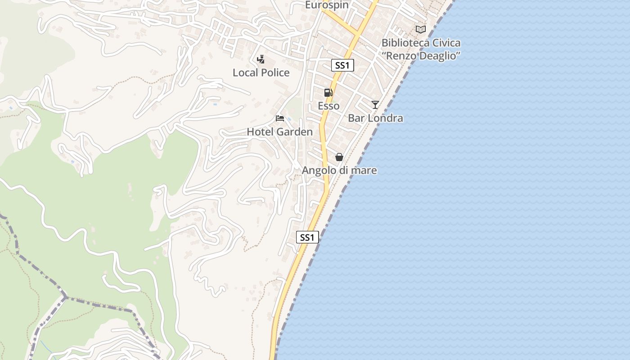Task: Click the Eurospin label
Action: (x=327, y=5)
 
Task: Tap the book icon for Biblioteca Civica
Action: (x=421, y=29)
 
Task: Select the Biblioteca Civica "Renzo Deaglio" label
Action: (x=421, y=49)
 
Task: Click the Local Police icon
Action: (x=261, y=59)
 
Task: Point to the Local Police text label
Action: (x=261, y=72)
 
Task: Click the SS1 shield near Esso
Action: (x=342, y=65)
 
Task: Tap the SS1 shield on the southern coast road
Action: (x=307, y=237)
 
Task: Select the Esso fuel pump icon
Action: (x=328, y=93)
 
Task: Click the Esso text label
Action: (x=328, y=106)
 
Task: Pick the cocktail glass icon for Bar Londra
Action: (x=375, y=105)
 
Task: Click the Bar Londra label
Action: (x=375, y=118)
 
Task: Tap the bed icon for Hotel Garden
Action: (x=280, y=118)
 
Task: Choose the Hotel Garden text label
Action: (x=279, y=132)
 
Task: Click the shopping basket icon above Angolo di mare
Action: (x=339, y=157)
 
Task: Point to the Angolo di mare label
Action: (x=339, y=171)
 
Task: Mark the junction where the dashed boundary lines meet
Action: (x=66, y=297)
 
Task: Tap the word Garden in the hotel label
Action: (x=295, y=132)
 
